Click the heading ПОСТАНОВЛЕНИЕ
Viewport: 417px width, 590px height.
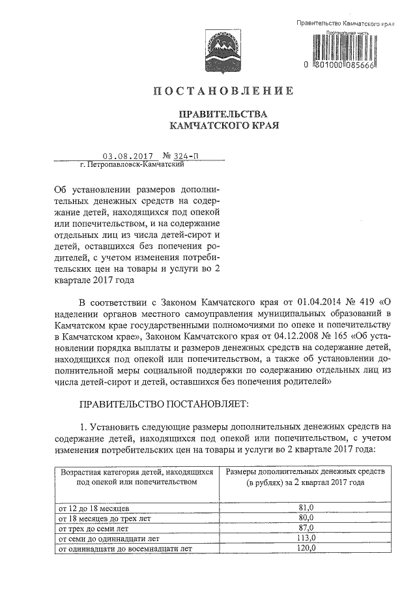click(223, 90)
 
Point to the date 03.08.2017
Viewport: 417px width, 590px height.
click(127, 156)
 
